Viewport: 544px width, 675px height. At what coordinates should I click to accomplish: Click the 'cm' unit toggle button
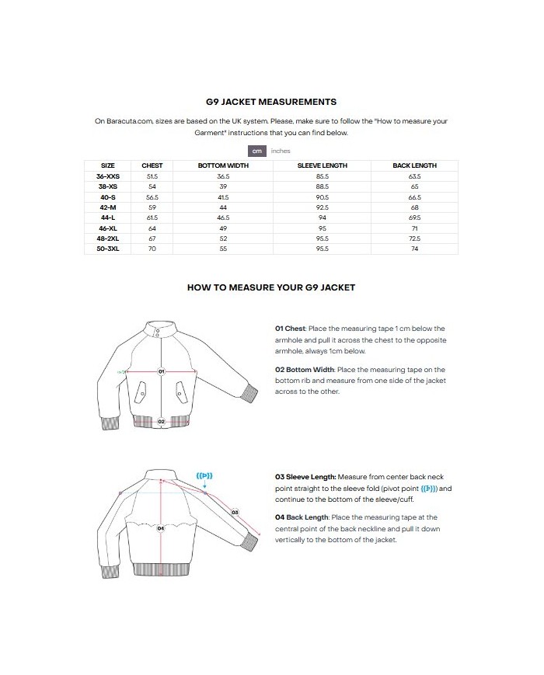256,151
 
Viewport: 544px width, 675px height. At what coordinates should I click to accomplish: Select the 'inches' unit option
280,151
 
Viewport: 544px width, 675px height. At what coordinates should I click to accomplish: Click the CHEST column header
152,165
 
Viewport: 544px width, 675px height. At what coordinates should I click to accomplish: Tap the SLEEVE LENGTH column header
323,165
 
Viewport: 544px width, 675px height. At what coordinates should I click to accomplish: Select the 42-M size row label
108,208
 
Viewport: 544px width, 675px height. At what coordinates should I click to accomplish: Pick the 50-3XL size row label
108,249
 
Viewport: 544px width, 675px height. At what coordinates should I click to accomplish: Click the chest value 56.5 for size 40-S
152,198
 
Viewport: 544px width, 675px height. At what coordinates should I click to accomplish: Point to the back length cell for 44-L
414,219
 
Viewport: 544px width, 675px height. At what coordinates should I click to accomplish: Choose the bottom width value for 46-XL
223,229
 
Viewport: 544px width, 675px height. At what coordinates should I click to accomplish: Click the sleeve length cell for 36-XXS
323,177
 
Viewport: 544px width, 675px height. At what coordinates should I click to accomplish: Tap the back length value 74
414,249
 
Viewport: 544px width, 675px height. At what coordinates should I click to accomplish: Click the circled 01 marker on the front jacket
162,371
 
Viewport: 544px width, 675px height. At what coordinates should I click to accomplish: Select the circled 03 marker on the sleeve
235,512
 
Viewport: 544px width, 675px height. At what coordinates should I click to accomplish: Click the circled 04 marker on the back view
161,528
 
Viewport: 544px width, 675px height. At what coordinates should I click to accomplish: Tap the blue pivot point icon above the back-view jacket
204,476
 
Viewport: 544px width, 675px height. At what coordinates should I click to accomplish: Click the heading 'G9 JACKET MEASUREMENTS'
270,102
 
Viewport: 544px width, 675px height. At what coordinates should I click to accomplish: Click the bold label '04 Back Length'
302,517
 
